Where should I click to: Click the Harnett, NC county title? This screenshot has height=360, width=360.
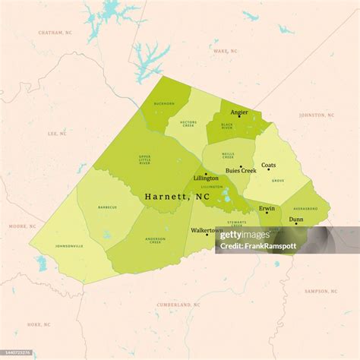[x=177, y=196]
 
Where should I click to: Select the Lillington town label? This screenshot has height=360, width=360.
[x=206, y=178]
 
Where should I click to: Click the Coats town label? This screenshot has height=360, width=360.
[x=269, y=165]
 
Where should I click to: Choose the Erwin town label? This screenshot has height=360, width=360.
[x=267, y=207]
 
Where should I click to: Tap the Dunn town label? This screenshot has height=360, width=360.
[x=296, y=219]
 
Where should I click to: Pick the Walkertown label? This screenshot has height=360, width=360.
[x=206, y=229]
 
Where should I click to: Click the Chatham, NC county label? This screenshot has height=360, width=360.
[x=55, y=33]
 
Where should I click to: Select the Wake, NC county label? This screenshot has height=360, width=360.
[x=225, y=51]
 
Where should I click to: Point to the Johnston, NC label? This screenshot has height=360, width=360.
[x=317, y=115]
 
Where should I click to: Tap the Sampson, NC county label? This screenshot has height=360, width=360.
[x=321, y=291]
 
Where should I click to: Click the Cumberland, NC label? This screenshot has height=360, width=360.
[x=178, y=305]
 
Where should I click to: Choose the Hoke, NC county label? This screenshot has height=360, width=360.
[x=39, y=324]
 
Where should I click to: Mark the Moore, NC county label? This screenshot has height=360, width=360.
[x=22, y=226]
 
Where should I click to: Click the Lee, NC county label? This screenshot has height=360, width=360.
[x=58, y=134]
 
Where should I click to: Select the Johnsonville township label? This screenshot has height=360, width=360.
[x=69, y=246]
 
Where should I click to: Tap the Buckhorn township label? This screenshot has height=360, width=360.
[x=165, y=103]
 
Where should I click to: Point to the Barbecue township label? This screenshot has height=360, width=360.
[x=107, y=207]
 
